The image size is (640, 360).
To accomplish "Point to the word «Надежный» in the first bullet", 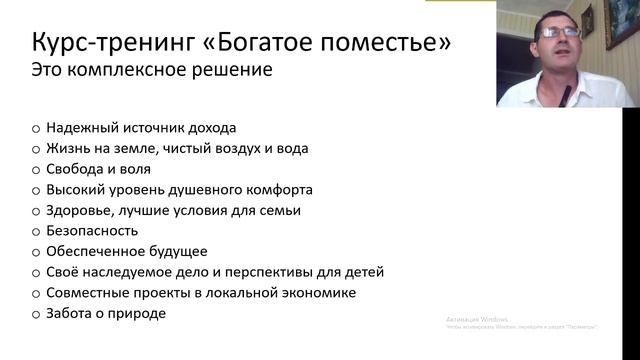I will pos(79,128).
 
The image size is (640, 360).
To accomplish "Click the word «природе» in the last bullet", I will pos(141,313).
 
